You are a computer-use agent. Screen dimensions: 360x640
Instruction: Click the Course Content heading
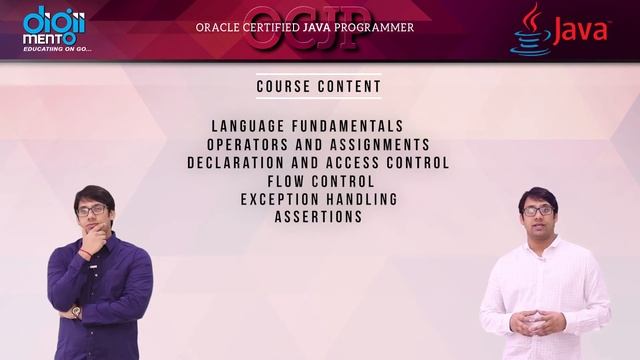pyautogui.click(x=319, y=86)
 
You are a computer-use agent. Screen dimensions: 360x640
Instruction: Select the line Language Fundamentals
pyautogui.click(x=308, y=127)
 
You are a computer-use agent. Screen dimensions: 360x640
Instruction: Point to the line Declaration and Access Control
pyautogui.click(x=318, y=163)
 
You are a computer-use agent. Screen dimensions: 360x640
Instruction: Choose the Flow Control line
pyautogui.click(x=321, y=181)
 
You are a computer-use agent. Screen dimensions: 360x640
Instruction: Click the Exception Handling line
pyautogui.click(x=319, y=199)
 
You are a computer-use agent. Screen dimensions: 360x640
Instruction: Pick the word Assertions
pyautogui.click(x=318, y=217)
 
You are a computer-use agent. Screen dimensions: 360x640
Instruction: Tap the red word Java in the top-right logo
pyautogui.click(x=580, y=31)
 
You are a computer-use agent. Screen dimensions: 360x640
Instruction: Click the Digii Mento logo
pyautogui.click(x=54, y=24)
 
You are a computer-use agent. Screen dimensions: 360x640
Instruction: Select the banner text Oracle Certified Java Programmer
pyautogui.click(x=305, y=28)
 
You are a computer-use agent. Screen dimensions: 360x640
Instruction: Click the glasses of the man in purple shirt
pyautogui.click(x=91, y=210)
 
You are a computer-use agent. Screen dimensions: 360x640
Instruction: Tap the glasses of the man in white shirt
pyautogui.click(x=537, y=210)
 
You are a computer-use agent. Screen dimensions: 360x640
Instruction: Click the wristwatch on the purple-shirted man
pyautogui.click(x=76, y=311)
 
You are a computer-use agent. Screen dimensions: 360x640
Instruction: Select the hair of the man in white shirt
pyautogui.click(x=537, y=194)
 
